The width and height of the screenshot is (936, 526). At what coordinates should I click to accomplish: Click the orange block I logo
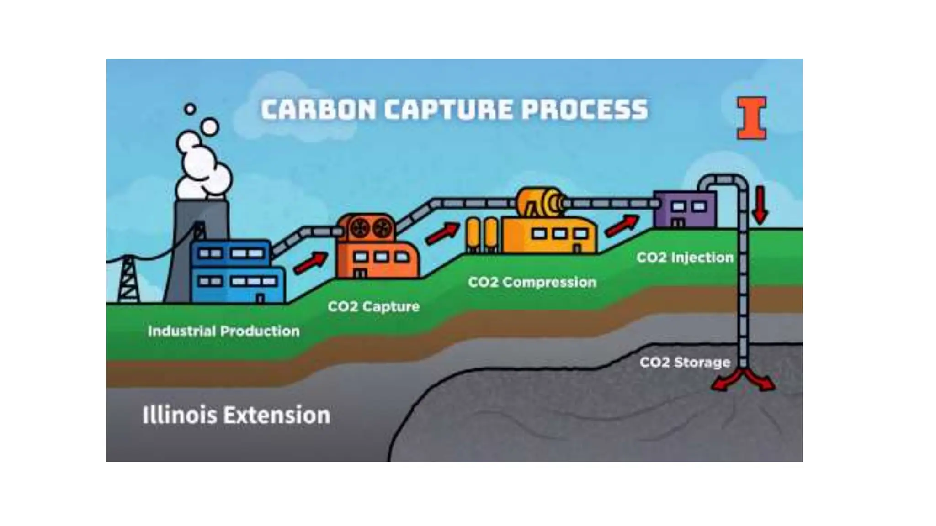(751, 118)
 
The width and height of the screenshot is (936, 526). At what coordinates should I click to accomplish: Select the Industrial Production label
(223, 331)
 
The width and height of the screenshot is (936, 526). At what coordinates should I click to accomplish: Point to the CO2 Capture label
(373, 306)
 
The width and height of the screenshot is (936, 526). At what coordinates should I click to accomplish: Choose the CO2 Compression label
(532, 282)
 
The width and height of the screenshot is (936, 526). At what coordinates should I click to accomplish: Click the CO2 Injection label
(685, 257)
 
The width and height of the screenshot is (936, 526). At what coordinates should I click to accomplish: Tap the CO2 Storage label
(685, 362)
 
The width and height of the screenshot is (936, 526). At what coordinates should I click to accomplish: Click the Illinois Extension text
(236, 415)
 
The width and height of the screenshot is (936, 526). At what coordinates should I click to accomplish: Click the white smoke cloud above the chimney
(203, 164)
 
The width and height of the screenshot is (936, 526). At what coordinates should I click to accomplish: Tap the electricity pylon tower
(128, 279)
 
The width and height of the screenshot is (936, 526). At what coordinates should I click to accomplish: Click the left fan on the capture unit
(360, 227)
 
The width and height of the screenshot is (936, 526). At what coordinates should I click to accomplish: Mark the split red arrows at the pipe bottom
(743, 380)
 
